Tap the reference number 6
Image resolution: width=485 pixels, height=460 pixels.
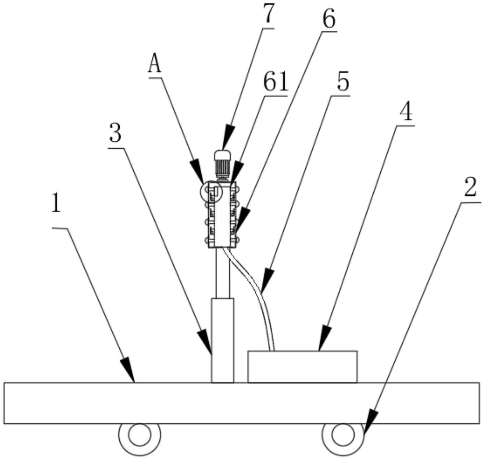click(328, 19)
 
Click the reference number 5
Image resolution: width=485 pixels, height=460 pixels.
click(343, 82)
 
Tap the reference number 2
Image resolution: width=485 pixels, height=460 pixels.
click(470, 188)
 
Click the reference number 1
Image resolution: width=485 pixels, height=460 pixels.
click(56, 203)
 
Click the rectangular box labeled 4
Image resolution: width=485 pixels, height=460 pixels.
click(302, 366)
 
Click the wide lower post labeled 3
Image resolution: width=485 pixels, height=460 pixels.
click(222, 340)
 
